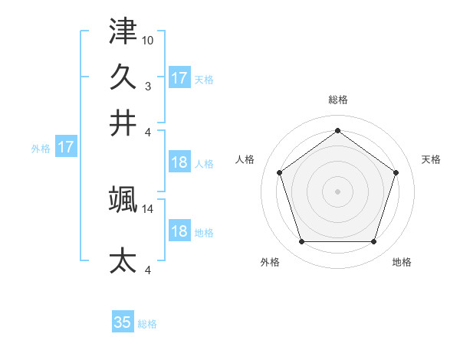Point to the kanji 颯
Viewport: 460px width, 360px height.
click(123, 199)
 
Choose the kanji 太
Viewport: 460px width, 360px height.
click(123, 260)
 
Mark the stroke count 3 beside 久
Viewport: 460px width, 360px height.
click(148, 86)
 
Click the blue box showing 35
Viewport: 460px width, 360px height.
click(123, 322)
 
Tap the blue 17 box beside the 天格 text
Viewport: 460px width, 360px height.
click(179, 77)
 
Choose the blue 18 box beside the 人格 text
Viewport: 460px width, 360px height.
click(179, 162)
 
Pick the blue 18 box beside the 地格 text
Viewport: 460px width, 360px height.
click(179, 231)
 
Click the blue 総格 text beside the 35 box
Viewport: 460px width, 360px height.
click(147, 324)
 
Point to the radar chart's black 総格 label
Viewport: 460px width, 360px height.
click(337, 100)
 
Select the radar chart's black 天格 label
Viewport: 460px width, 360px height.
click(431, 159)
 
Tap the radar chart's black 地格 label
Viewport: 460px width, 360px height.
click(402, 262)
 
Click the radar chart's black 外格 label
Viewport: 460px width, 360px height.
click(270, 262)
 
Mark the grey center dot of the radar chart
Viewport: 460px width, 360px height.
click(337, 191)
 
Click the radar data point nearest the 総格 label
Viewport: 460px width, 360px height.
click(337, 130)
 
